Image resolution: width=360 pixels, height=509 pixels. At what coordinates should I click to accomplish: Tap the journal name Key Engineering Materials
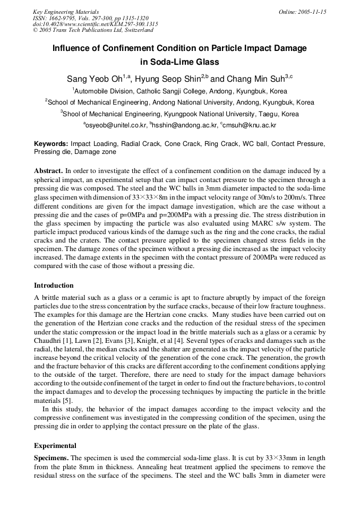(x=66, y=12)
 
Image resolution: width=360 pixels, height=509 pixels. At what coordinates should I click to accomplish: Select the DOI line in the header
(x=95, y=24)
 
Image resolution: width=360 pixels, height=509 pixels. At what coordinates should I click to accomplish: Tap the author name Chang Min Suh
(x=255, y=79)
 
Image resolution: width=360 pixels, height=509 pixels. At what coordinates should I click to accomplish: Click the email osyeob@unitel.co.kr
(x=116, y=125)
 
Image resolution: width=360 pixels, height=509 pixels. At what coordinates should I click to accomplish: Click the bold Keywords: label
(x=51, y=144)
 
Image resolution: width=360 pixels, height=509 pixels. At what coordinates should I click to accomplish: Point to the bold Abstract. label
(x=49, y=171)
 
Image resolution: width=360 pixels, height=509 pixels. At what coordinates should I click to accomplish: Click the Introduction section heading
(x=54, y=286)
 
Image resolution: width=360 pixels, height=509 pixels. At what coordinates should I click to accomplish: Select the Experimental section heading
(x=55, y=446)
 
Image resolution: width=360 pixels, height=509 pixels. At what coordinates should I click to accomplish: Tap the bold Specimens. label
(x=52, y=458)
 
